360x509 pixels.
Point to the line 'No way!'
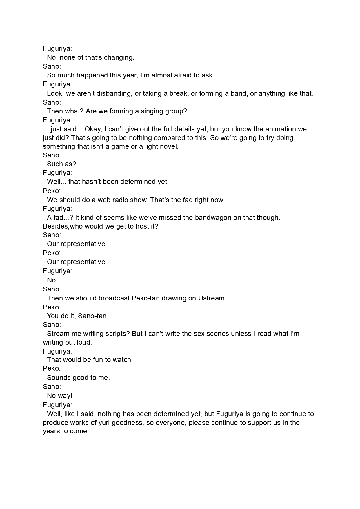[60, 396]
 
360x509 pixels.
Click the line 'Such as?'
[61, 164]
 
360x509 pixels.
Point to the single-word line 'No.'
[52, 280]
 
